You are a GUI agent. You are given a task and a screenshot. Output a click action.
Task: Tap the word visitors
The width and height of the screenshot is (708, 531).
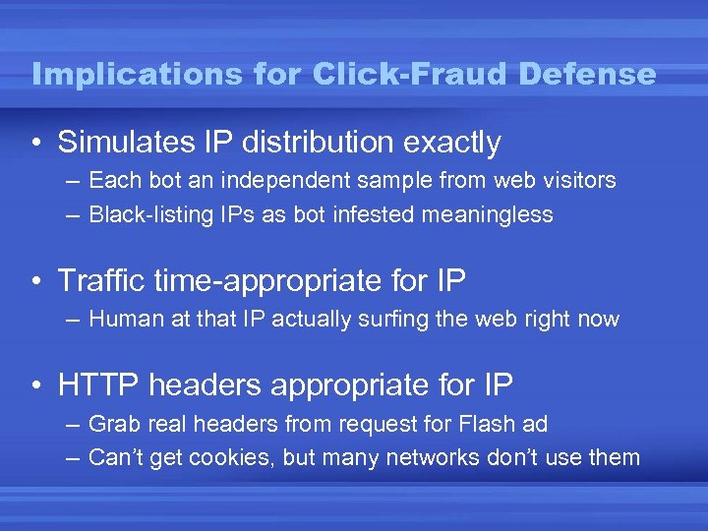point(576,181)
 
